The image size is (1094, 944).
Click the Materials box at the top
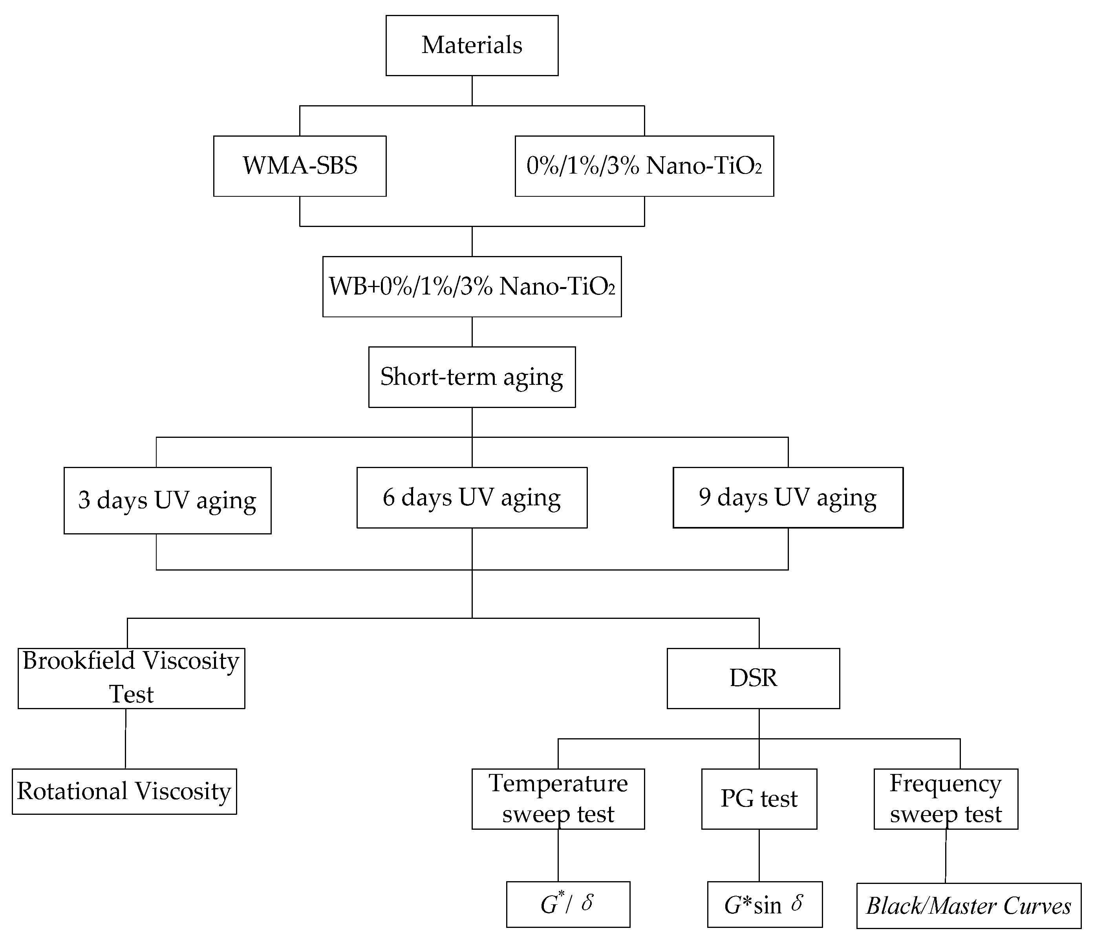click(x=472, y=46)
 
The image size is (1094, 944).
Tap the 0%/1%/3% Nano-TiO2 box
click(x=644, y=166)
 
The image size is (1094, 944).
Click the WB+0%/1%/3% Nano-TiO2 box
click(x=472, y=286)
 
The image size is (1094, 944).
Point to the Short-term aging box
click(x=472, y=377)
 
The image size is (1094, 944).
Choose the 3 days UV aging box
click(x=167, y=500)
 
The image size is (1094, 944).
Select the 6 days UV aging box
click(x=472, y=498)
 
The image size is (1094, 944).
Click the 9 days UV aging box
click(x=788, y=498)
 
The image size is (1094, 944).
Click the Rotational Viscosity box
click(x=124, y=791)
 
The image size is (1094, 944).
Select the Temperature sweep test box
click(x=558, y=799)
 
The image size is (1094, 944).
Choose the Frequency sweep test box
click(x=946, y=799)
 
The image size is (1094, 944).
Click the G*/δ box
click(x=568, y=904)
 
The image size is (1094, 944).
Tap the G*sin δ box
click(x=765, y=904)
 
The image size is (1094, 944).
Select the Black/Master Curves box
click(x=968, y=906)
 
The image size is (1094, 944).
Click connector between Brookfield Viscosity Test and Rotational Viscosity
click(x=126, y=738)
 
